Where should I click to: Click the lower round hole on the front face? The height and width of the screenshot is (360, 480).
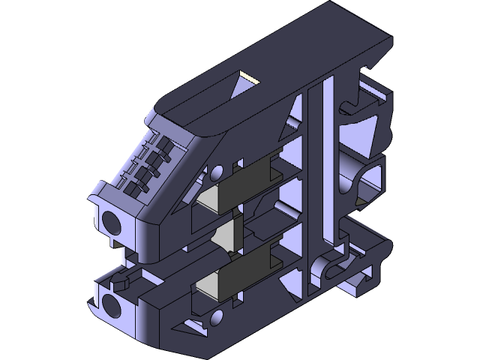coord(113,305)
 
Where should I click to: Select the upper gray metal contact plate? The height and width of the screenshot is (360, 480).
coord(247,180)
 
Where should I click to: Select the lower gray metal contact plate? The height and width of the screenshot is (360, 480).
coord(247,268)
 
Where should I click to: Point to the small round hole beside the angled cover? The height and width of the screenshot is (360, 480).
coord(217,172)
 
